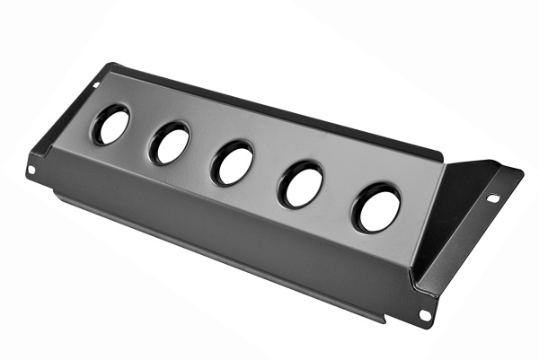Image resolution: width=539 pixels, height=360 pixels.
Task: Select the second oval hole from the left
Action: tap(170, 143)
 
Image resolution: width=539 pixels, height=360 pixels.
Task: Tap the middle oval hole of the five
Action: tap(233, 163)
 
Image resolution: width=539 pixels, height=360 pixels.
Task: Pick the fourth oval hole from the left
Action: tap(301, 185)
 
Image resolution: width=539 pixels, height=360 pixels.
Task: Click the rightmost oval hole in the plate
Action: tap(376, 208)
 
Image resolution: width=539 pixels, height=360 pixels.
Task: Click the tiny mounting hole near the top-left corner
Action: tap(96, 86)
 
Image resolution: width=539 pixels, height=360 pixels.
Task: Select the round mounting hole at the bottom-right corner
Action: tap(423, 314)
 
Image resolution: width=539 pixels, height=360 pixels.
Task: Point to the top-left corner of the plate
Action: tap(111, 65)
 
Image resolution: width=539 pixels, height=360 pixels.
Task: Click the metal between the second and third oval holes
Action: tap(201, 153)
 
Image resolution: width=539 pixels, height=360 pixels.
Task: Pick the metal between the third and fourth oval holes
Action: tap(267, 174)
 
